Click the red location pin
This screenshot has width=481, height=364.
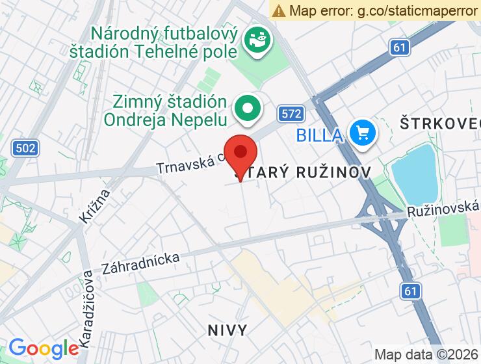pyautogui.click(x=240, y=153)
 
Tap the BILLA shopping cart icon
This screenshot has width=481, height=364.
pyautogui.click(x=361, y=134)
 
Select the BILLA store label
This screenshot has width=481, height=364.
pyautogui.click(x=319, y=135)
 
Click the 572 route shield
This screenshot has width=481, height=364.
pyautogui.click(x=291, y=114)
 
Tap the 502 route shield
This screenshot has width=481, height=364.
pyautogui.click(x=24, y=148)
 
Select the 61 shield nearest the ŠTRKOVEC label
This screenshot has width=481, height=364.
pyautogui.click(x=400, y=47)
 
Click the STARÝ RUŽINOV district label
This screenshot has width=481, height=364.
pyautogui.click(x=303, y=172)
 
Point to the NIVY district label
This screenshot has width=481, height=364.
pyautogui.click(x=227, y=330)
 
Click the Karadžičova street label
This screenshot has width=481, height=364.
pyautogui.click(x=86, y=309)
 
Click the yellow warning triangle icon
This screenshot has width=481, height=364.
pyautogui.click(x=279, y=10)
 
